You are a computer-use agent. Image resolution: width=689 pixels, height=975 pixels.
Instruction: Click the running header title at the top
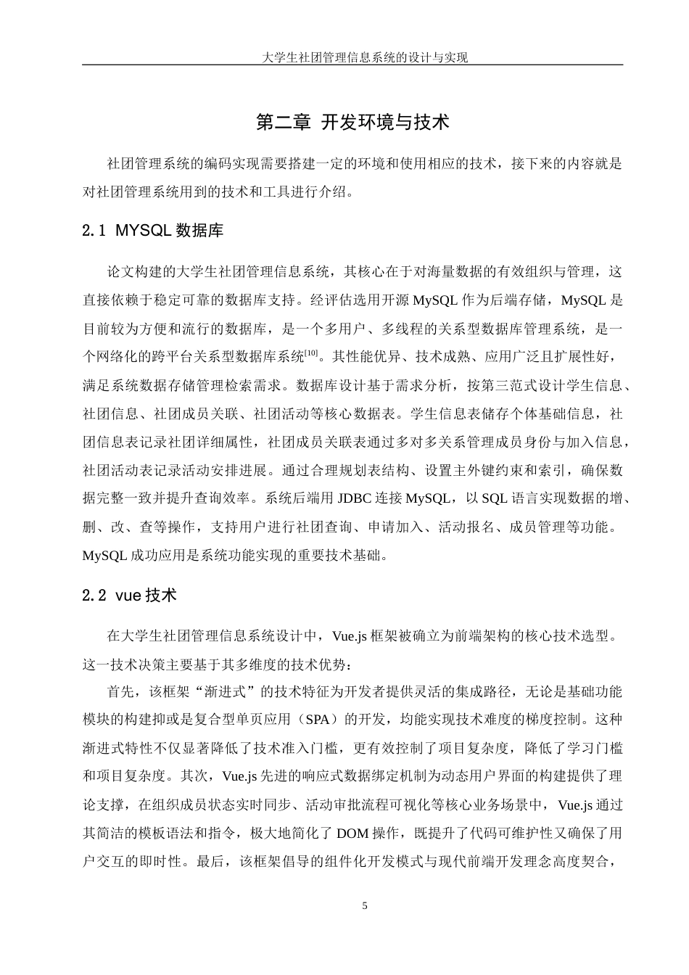click(x=365, y=57)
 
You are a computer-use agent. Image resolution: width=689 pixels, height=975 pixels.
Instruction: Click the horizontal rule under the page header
click(x=352, y=65)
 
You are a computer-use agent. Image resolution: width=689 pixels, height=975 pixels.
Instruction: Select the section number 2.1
click(x=95, y=231)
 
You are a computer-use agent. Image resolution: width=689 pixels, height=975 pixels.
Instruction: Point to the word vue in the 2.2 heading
click(x=128, y=596)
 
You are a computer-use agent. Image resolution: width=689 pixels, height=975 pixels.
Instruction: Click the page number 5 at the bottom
click(x=365, y=906)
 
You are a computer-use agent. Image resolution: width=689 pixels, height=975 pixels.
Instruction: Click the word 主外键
click(x=486, y=470)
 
